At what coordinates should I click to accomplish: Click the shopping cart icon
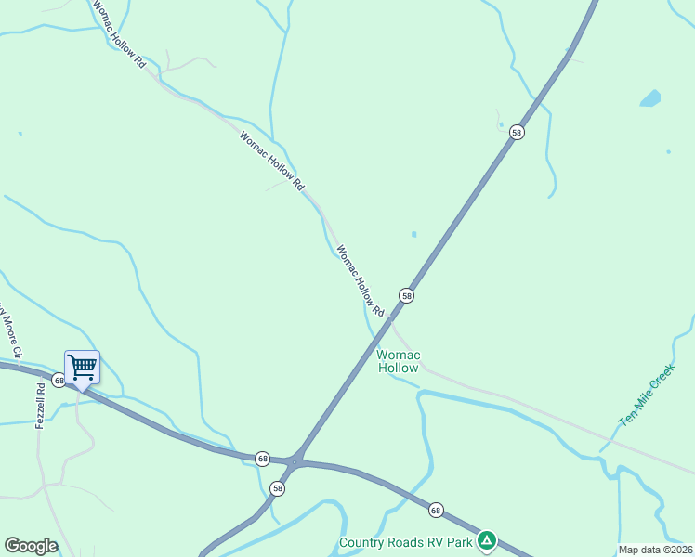[82, 366]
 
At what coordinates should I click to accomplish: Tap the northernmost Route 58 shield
[517, 133]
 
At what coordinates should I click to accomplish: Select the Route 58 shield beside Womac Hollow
[406, 295]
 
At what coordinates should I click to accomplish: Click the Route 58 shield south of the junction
[278, 488]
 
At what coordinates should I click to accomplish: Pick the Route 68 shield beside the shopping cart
[59, 380]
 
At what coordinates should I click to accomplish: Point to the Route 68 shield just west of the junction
[263, 459]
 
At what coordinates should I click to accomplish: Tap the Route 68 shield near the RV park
[436, 510]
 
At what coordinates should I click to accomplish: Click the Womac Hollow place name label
[399, 361]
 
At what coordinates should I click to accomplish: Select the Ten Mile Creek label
[647, 396]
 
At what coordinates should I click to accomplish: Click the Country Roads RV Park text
[405, 542]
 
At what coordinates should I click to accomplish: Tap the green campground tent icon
[487, 540]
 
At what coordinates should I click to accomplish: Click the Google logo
[31, 546]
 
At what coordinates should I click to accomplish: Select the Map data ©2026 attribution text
[655, 550]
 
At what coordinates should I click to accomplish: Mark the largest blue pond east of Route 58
[649, 97]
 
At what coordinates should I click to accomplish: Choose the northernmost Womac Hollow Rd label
[120, 34]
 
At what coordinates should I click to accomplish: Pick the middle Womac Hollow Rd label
[271, 162]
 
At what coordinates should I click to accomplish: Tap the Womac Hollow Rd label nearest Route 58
[360, 280]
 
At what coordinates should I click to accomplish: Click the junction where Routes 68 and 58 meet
[295, 461]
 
